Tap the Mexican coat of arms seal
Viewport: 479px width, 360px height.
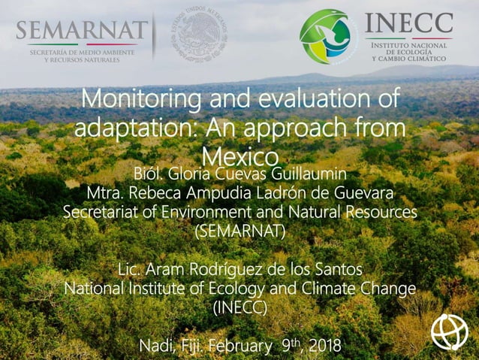[x=199, y=35]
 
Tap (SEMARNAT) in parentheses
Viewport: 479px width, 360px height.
[x=240, y=231]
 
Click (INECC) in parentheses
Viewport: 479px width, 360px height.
[x=240, y=307]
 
